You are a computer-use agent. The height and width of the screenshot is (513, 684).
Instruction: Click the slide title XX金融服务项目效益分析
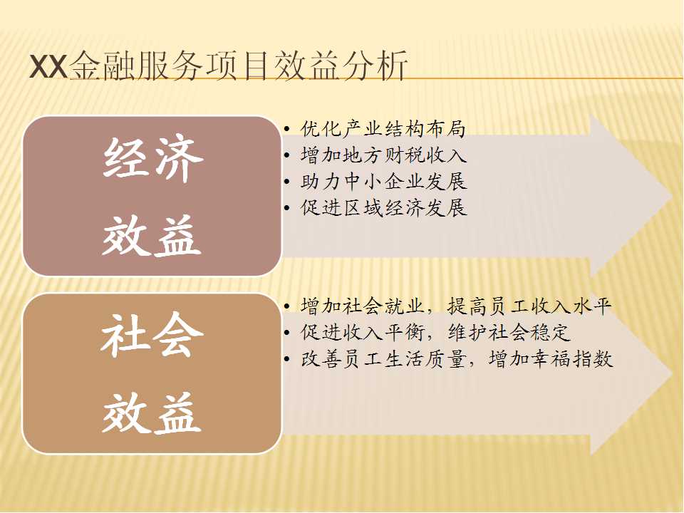[218, 66]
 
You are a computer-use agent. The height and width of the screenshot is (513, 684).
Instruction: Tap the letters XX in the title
[48, 67]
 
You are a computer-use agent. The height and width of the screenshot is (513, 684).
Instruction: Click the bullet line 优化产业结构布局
[383, 129]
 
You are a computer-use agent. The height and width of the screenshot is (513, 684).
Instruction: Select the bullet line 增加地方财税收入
[383, 155]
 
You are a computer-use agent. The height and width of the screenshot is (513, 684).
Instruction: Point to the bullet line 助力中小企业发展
[383, 182]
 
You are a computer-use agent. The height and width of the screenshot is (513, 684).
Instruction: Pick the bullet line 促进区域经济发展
[383, 207]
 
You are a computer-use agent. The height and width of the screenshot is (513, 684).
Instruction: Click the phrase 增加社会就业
[363, 306]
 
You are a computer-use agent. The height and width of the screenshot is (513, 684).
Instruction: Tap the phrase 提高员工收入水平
[529, 306]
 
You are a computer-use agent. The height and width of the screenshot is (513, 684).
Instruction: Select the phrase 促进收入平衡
[363, 333]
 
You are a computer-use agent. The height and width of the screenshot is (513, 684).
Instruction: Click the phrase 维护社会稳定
[509, 333]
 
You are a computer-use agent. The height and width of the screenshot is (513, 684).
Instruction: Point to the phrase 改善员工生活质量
[383, 359]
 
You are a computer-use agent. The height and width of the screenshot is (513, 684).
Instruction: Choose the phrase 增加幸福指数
[551, 359]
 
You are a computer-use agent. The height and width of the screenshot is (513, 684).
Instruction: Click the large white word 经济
[152, 158]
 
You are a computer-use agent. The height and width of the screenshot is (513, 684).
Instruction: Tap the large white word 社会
[152, 335]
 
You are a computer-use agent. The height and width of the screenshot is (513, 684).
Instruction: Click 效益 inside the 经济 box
[151, 236]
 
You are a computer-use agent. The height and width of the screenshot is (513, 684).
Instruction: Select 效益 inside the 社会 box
[151, 413]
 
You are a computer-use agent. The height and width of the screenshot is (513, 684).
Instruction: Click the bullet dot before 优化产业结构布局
[286, 129]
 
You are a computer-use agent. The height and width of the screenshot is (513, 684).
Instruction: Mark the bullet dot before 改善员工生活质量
[286, 359]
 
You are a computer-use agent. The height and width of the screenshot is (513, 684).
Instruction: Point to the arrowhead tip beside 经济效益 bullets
[672, 197]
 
